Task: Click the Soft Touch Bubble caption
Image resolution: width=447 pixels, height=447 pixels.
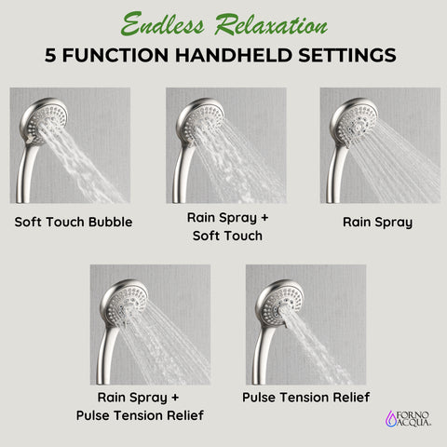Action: (x=73, y=223)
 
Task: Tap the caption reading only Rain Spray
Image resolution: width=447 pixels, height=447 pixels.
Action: (x=378, y=223)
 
